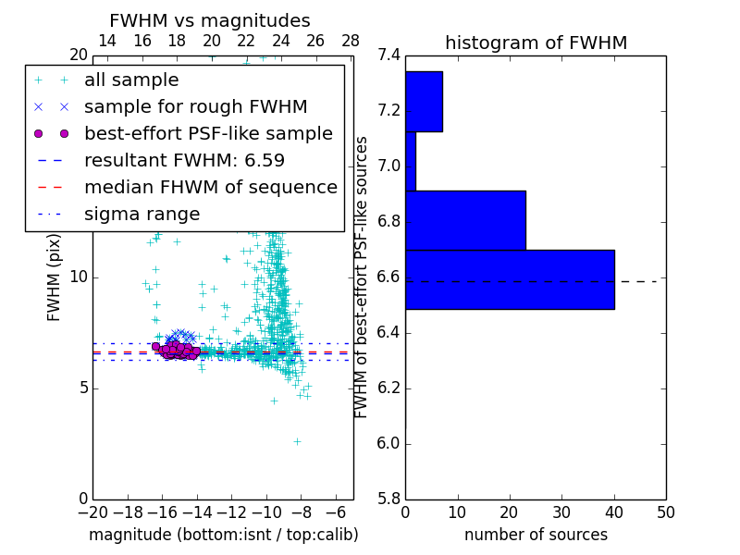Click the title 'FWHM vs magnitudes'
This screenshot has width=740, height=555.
click(209, 21)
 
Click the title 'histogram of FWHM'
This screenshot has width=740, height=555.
click(536, 43)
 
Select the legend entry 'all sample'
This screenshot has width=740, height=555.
click(131, 80)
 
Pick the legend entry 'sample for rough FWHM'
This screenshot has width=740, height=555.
click(195, 107)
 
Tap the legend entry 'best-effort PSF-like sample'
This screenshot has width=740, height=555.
click(208, 134)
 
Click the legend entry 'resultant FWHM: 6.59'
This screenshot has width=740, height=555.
click(184, 161)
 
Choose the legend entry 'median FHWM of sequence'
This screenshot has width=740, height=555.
click(210, 188)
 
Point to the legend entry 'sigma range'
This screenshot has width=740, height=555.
click(142, 215)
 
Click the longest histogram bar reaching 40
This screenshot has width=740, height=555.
click(510, 279)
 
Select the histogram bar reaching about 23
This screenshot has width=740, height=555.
click(465, 220)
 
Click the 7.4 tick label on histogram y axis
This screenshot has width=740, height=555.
click(389, 55)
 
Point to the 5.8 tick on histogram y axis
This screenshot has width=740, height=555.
click(389, 499)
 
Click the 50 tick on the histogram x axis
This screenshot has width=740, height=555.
click(665, 512)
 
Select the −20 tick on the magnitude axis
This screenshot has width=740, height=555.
click(92, 512)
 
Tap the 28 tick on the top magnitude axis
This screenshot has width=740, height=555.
click(351, 41)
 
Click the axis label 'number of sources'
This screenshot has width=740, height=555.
click(536, 535)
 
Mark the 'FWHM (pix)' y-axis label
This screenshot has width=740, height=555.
click(55, 277)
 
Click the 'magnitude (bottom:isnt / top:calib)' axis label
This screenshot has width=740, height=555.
click(223, 535)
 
